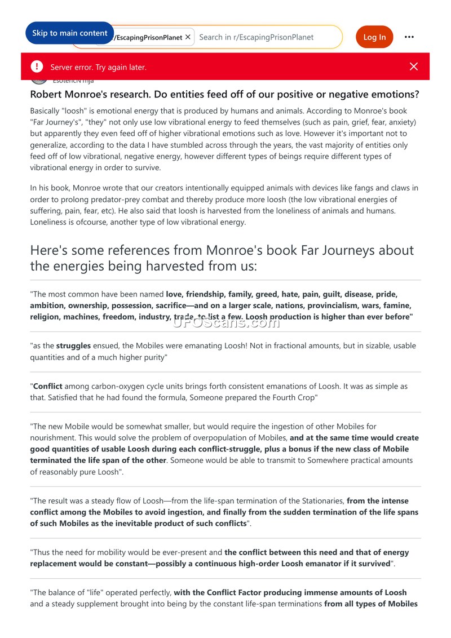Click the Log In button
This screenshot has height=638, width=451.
pyautogui.click(x=374, y=37)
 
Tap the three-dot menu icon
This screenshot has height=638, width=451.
pyautogui.click(x=409, y=37)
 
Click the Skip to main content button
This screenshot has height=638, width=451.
pyautogui.click(x=69, y=33)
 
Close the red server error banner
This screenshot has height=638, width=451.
pyautogui.click(x=414, y=67)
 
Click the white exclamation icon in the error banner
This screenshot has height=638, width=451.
pyautogui.click(x=37, y=67)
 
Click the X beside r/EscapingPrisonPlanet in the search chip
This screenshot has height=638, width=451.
pyautogui.click(x=188, y=37)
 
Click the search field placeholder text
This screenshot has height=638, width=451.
pyautogui.click(x=257, y=37)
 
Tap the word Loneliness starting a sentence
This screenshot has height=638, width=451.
pyautogui.click(x=50, y=222)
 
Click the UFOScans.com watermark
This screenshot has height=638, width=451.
pyautogui.click(x=225, y=322)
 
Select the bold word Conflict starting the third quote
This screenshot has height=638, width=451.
pyautogui.click(x=48, y=387)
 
